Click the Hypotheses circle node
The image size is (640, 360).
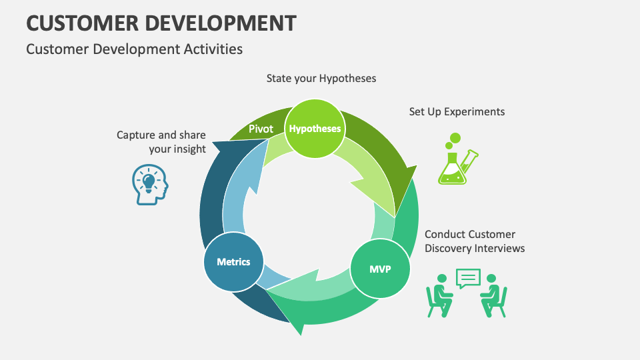tap(315, 129)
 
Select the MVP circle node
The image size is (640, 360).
tap(380, 269)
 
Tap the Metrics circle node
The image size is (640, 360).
tap(233, 261)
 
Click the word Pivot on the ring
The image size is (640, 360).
tap(261, 129)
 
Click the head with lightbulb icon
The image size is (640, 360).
tap(149, 185)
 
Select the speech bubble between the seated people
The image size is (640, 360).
tap(468, 277)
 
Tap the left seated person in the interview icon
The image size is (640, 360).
tap(439, 294)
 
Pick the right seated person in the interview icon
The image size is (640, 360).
tap(494, 294)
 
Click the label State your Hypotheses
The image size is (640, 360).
tap(321, 79)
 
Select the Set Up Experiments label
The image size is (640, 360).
tap(457, 111)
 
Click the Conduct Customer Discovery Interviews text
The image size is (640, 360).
tap(474, 241)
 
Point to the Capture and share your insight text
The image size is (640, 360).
tap(161, 142)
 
